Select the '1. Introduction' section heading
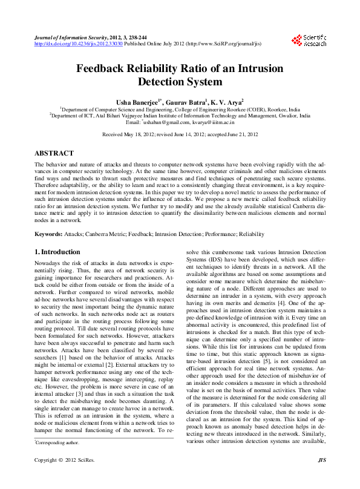click(57, 252)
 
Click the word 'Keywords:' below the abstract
click(48, 232)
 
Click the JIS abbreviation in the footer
click(321, 477)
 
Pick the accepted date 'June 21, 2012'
click(241, 134)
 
